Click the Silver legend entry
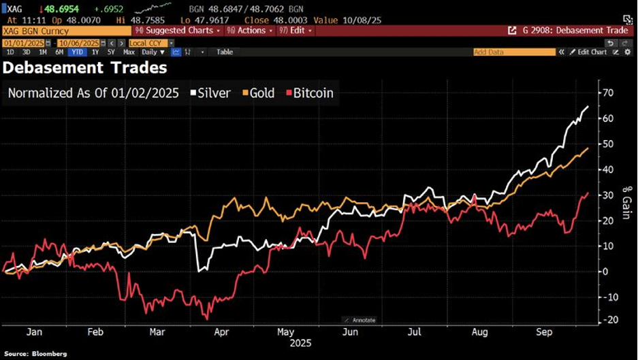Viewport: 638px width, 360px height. [214, 93]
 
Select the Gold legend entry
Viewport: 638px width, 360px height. [261, 93]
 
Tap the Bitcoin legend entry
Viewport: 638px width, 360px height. [313, 93]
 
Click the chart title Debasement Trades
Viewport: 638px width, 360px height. [85, 68]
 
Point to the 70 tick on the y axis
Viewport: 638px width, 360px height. [608, 93]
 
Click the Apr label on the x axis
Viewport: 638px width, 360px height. [222, 333]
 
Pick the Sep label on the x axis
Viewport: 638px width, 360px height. [543, 333]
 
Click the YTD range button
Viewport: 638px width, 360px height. [78, 52]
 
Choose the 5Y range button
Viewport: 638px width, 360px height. [111, 52]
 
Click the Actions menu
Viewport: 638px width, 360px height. [251, 31]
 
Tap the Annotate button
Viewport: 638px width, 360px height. [359, 320]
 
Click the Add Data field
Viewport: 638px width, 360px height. [514, 52]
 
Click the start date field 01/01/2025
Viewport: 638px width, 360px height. [23, 43]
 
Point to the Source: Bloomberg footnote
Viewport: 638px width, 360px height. [35, 354]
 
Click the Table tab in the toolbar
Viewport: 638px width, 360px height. [225, 52]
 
